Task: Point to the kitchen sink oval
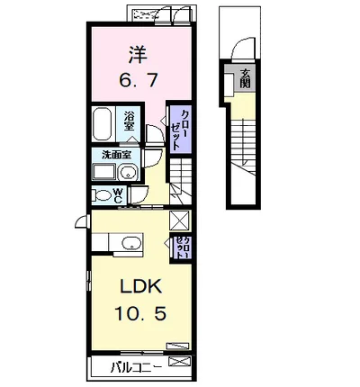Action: point(130,242)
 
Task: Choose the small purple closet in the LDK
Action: point(183,247)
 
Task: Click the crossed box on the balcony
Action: point(179,363)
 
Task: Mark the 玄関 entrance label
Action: point(245,80)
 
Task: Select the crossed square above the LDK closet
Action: point(178,220)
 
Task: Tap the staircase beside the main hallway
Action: point(184,179)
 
